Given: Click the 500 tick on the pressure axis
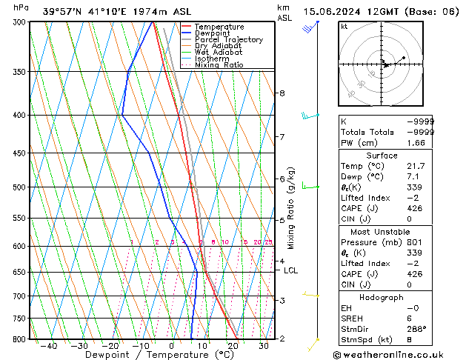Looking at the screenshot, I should pos(20,187).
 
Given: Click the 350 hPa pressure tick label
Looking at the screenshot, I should pos(20,72).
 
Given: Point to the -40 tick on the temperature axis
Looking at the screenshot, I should pos(49,346).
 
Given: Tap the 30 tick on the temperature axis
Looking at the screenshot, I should pos(264,346).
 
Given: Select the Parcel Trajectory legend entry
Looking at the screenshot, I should pos(228,40).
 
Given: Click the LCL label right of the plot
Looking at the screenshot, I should pos(290,270).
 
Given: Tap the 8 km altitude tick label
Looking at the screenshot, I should pos(282,93).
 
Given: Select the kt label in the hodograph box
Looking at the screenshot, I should pos(344,26).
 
